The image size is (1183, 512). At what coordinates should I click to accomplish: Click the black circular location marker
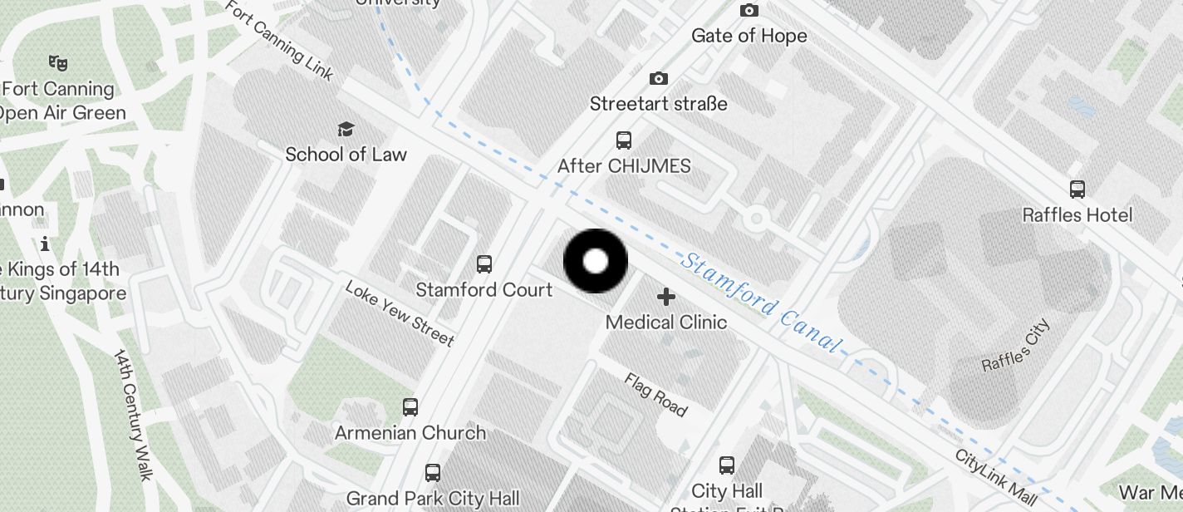coord(596,261)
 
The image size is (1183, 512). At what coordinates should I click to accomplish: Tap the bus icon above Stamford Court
coord(484,264)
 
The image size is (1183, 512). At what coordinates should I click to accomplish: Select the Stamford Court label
coord(484,290)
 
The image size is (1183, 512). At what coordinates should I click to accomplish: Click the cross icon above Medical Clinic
coord(665,297)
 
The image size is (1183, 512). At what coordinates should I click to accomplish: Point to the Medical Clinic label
coord(666,322)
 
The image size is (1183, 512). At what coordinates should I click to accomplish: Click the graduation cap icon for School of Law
coord(346,129)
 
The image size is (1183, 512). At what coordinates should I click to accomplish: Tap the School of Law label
coord(346,155)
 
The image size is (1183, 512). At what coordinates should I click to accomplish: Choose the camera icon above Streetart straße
coord(659,79)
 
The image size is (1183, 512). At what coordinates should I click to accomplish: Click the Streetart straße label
coord(659,104)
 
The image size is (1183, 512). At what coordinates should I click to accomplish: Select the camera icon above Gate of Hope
coord(749,11)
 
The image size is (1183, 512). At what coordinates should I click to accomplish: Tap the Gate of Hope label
coord(749,36)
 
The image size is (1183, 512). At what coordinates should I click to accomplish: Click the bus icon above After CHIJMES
coord(624,140)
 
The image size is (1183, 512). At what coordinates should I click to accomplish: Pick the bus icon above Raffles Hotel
coord(1077,190)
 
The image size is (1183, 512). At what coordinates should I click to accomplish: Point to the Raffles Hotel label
coord(1077,215)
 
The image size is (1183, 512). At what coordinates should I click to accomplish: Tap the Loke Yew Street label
coord(400,313)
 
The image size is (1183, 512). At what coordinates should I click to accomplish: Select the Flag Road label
coord(656,395)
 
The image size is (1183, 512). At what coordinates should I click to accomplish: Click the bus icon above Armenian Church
coord(410,407)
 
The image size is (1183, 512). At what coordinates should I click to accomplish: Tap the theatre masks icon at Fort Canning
coord(57,62)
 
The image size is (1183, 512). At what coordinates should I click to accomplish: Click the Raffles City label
coord(1016,346)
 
